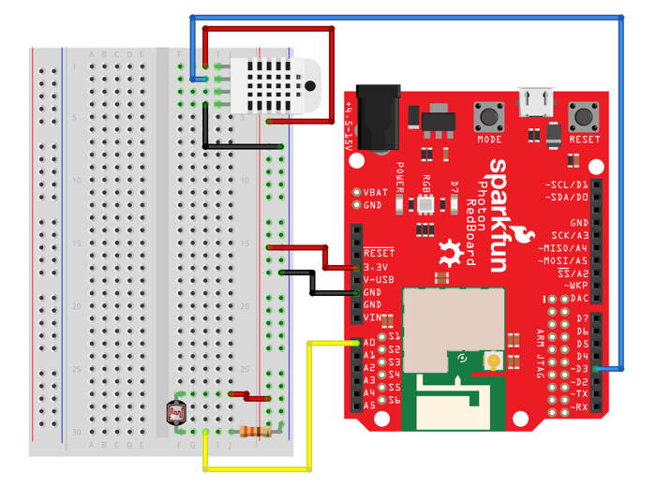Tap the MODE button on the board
click(489, 117)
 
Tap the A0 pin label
click(369, 344)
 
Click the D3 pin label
click(580, 369)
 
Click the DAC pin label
click(579, 297)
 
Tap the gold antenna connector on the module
click(489, 361)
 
